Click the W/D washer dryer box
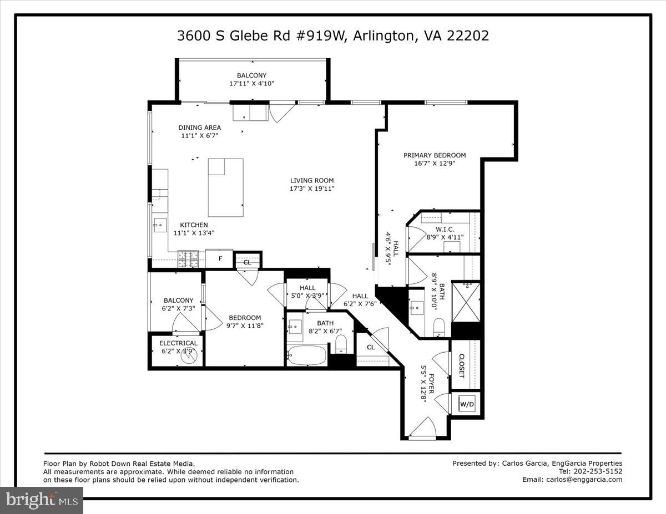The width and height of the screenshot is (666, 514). [467, 405]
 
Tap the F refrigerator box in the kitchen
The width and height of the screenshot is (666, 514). [220, 258]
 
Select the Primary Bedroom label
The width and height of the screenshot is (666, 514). [434, 155]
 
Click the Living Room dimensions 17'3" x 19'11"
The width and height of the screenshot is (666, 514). [312, 189]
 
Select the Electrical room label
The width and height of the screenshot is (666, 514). [178, 343]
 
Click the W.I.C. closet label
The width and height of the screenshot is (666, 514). [445, 229]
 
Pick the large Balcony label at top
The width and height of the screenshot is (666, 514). [251, 75]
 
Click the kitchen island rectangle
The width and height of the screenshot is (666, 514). [225, 187]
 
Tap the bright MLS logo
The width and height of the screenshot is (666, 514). [41, 500]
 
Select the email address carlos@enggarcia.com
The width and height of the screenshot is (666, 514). [584, 480]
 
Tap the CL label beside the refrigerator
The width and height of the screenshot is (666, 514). [247, 262]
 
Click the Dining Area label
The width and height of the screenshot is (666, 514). [199, 128]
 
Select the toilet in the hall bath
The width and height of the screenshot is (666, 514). [341, 344]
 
